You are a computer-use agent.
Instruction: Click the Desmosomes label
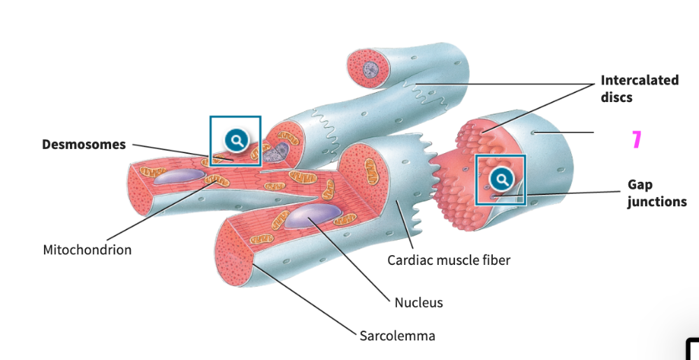coord(84,145)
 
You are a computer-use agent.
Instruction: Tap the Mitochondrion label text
coord(87,250)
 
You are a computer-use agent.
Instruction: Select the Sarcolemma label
coord(397,336)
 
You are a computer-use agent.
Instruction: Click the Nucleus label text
coord(419,303)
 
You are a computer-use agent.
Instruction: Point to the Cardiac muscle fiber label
coord(449,261)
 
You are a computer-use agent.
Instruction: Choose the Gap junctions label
coord(656,194)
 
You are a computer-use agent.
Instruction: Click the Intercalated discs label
coord(639,88)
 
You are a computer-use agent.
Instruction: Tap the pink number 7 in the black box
coord(635,141)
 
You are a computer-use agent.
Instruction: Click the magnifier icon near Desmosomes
coord(236,140)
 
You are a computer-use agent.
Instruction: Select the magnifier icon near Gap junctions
coord(500,180)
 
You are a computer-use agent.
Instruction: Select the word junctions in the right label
coord(656,202)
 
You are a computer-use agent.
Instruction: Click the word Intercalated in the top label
coord(639,80)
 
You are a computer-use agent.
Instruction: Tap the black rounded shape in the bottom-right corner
coord(693,350)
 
